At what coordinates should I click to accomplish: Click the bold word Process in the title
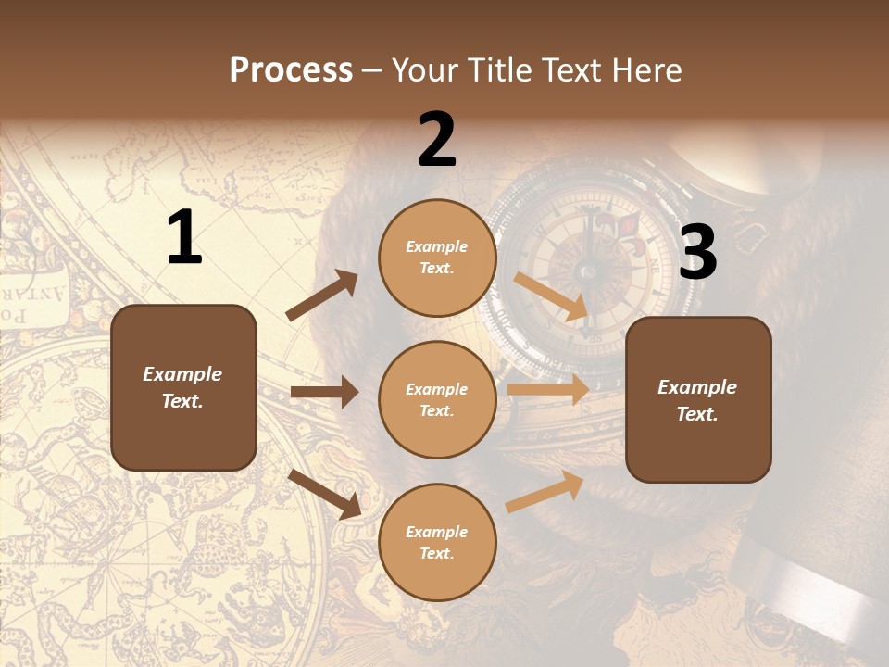pyautogui.click(x=291, y=70)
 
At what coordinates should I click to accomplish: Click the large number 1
pyautogui.click(x=184, y=238)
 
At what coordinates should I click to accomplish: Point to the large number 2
pyautogui.click(x=437, y=140)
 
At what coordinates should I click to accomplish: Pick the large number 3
pyautogui.click(x=697, y=252)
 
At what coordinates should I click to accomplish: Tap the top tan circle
pyautogui.click(x=437, y=258)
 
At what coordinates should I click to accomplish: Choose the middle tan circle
pyautogui.click(x=437, y=400)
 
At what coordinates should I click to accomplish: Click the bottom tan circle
pyautogui.click(x=437, y=543)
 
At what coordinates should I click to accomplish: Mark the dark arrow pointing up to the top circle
pyautogui.click(x=321, y=296)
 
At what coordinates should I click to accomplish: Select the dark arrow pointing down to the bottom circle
pyautogui.click(x=324, y=494)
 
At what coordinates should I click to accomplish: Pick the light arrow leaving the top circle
pyautogui.click(x=552, y=296)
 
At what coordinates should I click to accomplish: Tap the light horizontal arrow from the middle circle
pyautogui.click(x=548, y=390)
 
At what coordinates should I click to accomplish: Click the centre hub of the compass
pyautogui.click(x=586, y=271)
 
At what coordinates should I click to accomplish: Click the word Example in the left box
pyautogui.click(x=182, y=374)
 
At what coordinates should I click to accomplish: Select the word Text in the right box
pyautogui.click(x=695, y=414)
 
